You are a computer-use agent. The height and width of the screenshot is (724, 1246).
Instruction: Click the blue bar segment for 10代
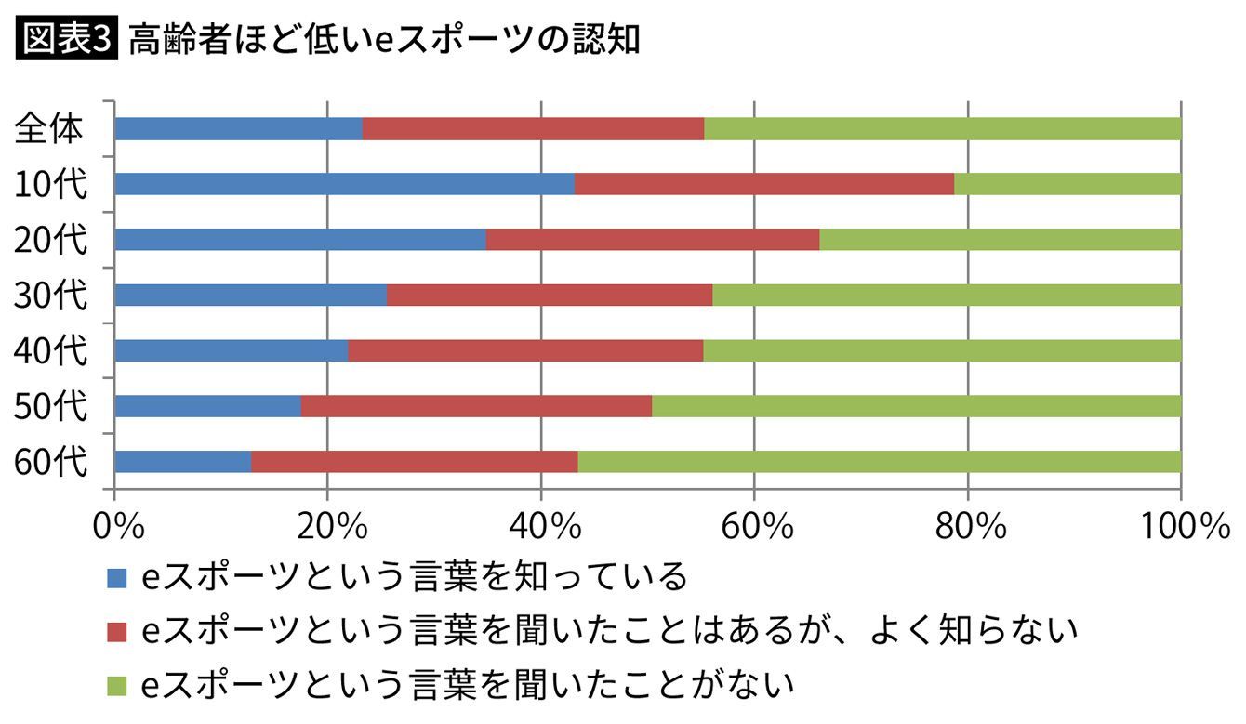point(344,184)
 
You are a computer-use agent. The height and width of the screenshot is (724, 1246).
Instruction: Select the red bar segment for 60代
point(415,462)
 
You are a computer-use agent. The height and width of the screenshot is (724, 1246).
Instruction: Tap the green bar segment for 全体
point(942,128)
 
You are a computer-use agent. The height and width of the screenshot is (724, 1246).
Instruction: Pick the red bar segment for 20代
point(653,240)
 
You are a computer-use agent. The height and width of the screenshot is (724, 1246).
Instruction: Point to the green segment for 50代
point(916,406)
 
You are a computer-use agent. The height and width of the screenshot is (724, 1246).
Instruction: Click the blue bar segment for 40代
point(231,350)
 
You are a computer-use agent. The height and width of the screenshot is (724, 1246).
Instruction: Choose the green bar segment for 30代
point(947,295)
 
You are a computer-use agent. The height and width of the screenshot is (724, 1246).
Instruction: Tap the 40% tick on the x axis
point(542,526)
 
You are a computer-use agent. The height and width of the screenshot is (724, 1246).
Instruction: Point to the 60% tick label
point(755,526)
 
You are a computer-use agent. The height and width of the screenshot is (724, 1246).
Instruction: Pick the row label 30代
point(50,296)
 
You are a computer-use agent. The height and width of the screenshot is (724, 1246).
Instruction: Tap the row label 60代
point(50,462)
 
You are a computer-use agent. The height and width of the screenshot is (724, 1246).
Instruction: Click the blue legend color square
point(116,579)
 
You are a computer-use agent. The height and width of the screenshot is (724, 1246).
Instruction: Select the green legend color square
point(116,686)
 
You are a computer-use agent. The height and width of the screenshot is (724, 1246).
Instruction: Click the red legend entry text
point(609,632)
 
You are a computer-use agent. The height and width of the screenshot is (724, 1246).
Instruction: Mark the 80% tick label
point(968,526)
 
